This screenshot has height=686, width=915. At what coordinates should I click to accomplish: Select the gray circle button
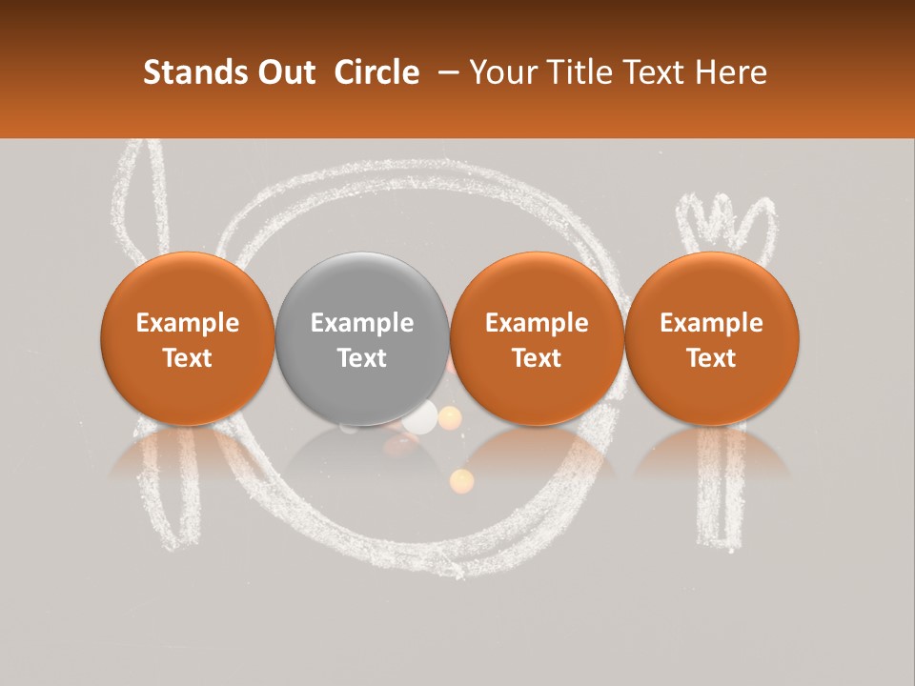point(362,338)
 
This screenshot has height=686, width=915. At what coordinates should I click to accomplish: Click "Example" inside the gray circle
point(362,323)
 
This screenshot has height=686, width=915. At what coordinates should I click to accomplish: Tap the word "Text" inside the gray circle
point(362,358)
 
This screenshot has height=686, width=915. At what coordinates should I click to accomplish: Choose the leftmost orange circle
point(188,338)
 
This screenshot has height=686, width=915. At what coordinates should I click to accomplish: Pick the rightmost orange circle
point(712,338)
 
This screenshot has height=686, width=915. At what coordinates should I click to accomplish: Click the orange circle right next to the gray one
point(537,338)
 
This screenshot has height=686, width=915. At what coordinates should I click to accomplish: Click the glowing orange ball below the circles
point(461,480)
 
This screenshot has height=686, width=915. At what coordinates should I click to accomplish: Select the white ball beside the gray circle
point(420,415)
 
